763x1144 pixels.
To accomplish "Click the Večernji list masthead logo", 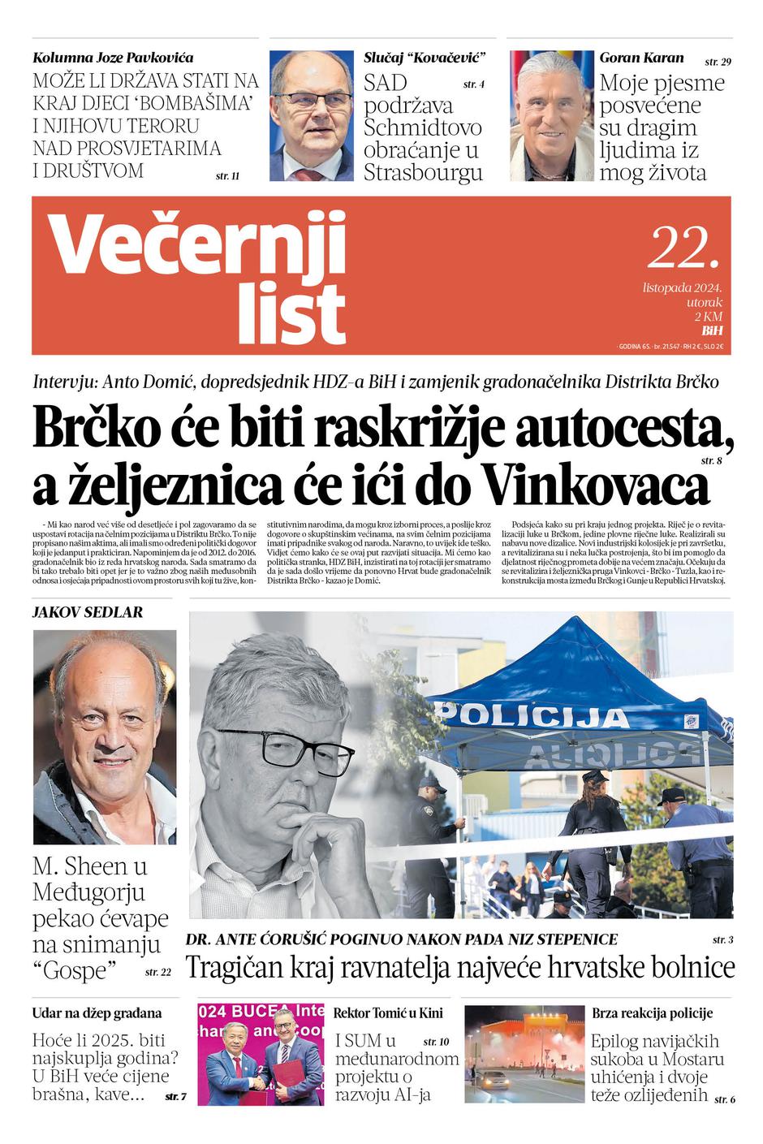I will coord(198,276).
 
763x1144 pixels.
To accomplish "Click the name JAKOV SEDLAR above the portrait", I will coord(87,612).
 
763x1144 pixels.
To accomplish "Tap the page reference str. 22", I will coord(158,972).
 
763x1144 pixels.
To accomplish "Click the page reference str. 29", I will coord(718,62).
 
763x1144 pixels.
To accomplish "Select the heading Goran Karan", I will coord(641,58).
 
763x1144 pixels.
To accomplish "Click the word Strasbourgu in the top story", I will coord(423,173).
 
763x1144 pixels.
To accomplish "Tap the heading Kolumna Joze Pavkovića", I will coord(113,58).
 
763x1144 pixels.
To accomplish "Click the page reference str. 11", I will coord(228,175).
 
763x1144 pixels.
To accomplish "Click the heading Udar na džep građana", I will coord(97,1013).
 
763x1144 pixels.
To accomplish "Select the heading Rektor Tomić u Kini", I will coord(388,1012).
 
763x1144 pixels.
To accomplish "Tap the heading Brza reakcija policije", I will coord(652,1012).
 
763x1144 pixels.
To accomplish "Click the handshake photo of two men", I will coord(261,1055).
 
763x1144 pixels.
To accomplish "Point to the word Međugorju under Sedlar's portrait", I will coord(88,892).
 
